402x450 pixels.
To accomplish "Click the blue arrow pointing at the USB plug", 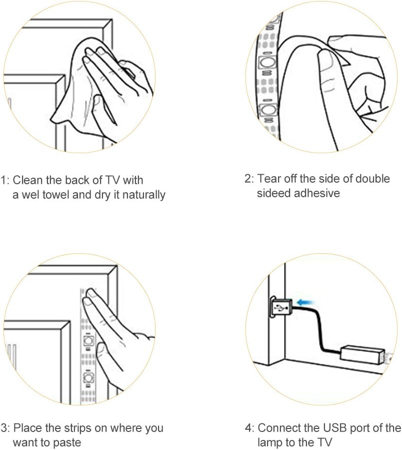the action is pos(305,302).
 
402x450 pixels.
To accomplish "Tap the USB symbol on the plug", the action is pos(281,308).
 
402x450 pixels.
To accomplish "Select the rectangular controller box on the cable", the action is pos(362,355).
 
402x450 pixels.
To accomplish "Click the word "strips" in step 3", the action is pos(74,428).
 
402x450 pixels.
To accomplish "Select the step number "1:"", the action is pos(5,181).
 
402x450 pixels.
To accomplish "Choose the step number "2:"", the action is pos(249,179).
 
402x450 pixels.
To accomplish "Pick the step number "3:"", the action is pos(5,428).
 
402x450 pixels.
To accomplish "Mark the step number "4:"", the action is pos(249,428).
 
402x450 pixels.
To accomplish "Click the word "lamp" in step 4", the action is pos(270,442).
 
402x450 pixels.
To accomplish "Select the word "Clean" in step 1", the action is pos(28,180).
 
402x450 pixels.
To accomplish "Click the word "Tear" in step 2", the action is pos(268,179).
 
